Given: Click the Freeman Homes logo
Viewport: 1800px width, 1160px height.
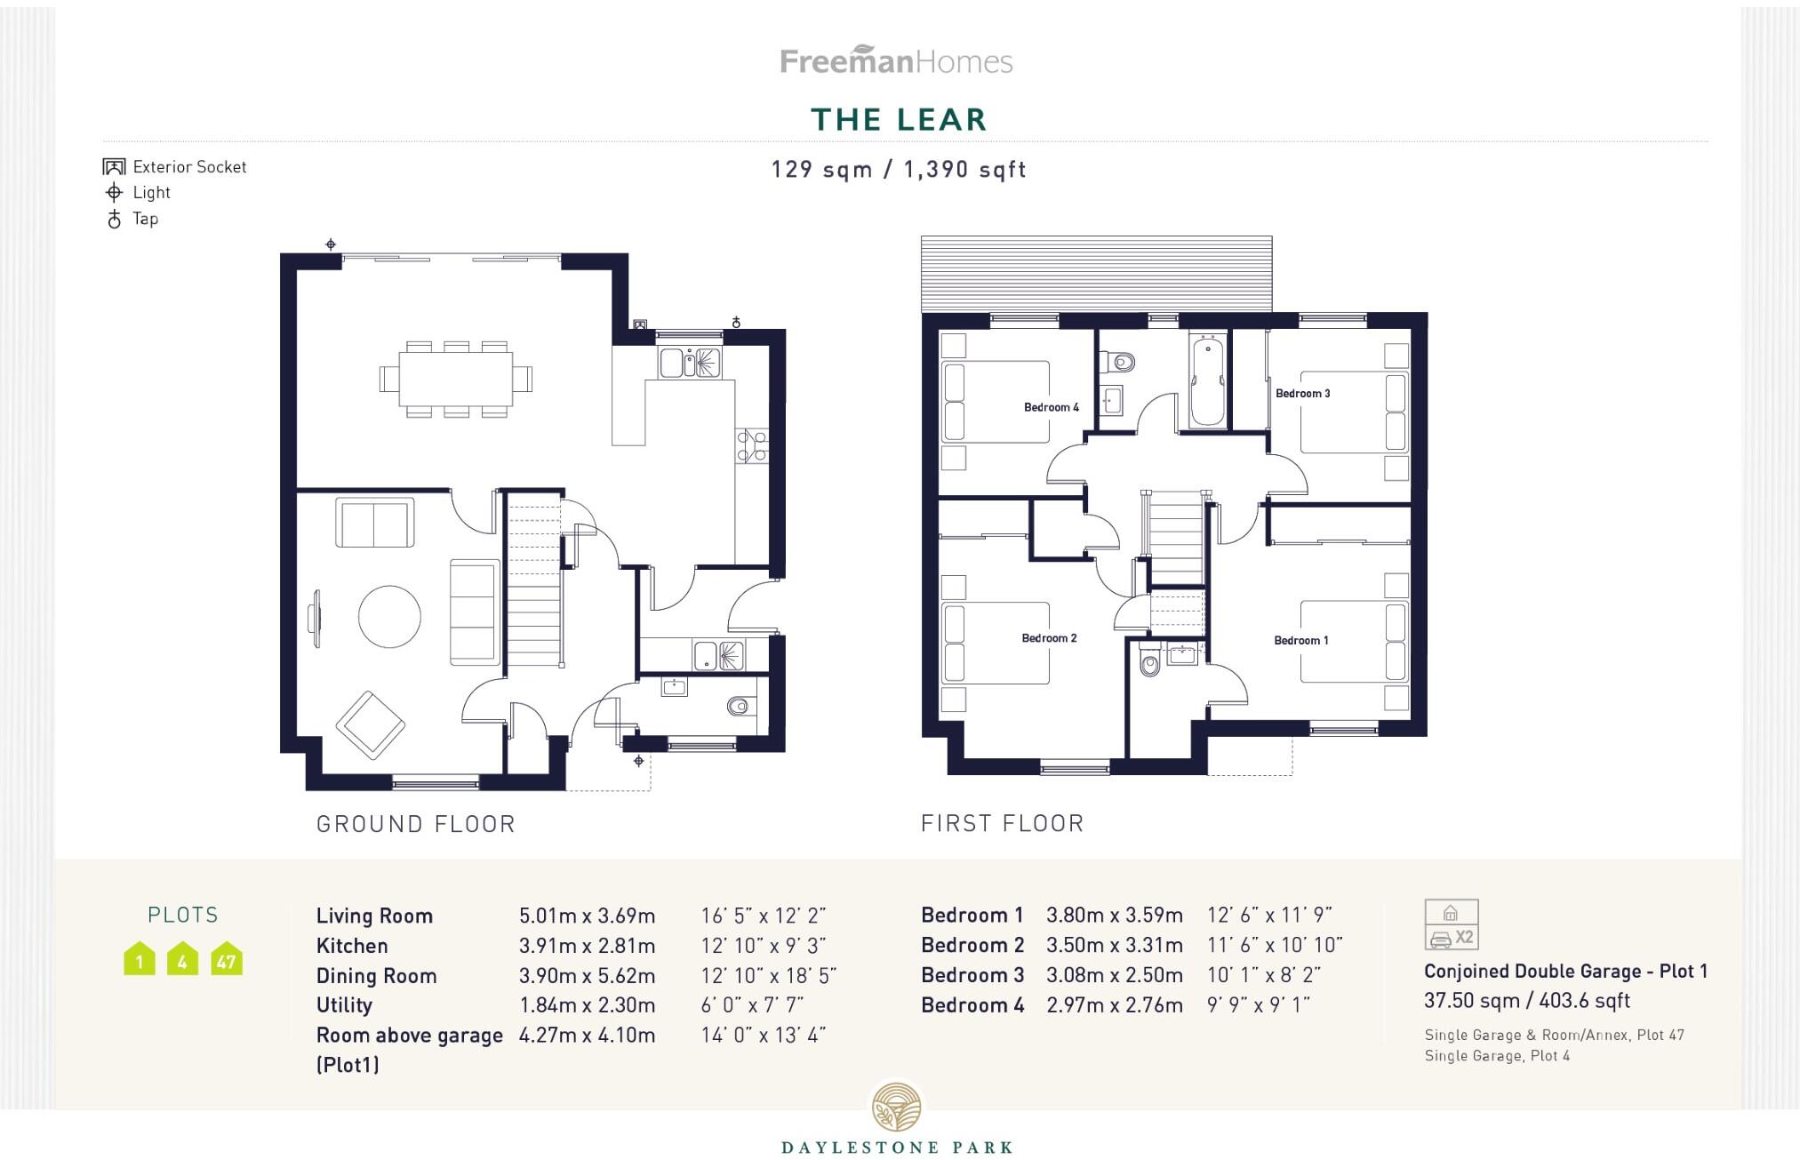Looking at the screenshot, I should point(896,60).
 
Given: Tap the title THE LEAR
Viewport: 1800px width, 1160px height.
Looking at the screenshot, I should point(899,120).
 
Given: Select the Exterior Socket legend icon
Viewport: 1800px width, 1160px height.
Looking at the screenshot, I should point(114,167).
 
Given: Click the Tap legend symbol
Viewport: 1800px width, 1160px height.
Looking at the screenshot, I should point(114,219).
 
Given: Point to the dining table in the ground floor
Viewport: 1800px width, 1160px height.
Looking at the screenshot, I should point(455,380).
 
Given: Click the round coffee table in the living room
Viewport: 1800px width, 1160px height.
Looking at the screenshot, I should point(389,616).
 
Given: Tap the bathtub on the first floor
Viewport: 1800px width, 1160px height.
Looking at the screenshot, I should point(1206,382).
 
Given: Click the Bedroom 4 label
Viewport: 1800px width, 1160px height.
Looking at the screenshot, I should point(1051,408).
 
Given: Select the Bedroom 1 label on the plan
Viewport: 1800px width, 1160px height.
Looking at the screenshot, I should point(1300,641).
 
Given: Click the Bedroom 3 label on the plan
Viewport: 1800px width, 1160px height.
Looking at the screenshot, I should point(1302,394).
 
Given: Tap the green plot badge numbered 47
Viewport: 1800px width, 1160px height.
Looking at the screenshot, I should point(226,959).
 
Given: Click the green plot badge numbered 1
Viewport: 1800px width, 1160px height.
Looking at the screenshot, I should point(140,959).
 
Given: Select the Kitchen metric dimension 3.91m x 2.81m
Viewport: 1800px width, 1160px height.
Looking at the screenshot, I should point(587,946).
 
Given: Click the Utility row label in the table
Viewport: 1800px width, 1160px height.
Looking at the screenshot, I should point(344,1005).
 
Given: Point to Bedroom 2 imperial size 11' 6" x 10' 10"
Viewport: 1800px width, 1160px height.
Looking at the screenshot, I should point(1274,945).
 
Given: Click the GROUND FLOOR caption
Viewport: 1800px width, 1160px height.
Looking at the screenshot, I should point(416,824).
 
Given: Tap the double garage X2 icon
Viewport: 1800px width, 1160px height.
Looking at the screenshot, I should point(1451,925).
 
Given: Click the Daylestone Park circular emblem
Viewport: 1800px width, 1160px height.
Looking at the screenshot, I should point(896,1108).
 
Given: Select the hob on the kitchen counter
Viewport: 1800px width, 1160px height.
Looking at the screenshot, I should point(751,446).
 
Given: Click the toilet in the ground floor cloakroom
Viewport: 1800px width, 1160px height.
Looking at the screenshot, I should point(739,707).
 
